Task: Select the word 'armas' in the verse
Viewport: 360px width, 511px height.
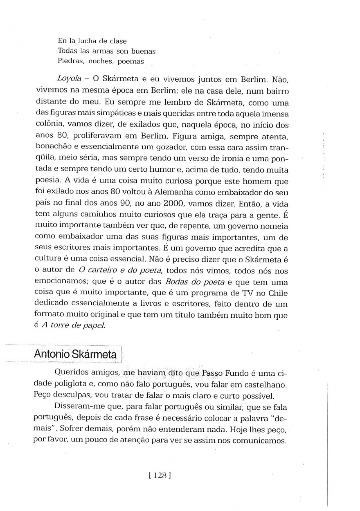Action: pos(102,51)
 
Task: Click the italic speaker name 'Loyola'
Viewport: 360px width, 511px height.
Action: pos(69,79)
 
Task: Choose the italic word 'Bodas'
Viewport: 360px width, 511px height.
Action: pos(177,282)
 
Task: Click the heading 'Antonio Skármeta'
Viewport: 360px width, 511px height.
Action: pos(75,354)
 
